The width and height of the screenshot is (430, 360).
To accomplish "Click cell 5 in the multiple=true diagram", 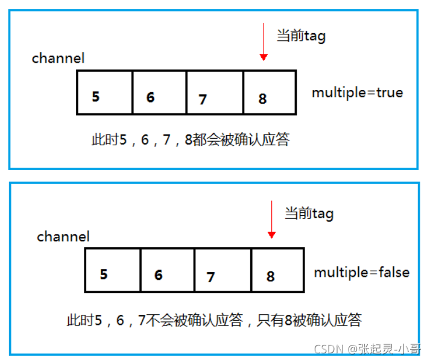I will (105, 92).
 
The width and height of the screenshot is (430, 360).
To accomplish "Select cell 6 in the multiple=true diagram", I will (159, 92).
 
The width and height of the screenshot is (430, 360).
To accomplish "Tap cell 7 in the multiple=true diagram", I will (215, 92).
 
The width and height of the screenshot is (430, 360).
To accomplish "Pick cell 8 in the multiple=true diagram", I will (270, 92).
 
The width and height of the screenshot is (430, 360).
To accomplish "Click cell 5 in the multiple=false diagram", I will (113, 270).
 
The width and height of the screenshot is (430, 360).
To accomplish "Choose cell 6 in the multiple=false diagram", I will (167, 270).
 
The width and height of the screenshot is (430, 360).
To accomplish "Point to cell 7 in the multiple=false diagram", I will (223, 270).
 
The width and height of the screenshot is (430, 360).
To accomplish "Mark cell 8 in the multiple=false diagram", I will (277, 270).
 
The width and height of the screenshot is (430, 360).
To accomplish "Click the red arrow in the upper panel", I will (263, 43).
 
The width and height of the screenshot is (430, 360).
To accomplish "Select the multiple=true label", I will (357, 92).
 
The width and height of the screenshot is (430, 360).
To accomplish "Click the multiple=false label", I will (361, 272).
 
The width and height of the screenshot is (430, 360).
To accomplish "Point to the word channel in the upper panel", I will (58, 58).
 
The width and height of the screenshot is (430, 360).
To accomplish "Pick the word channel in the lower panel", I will (63, 236).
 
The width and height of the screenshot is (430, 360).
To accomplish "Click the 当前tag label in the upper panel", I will (301, 36).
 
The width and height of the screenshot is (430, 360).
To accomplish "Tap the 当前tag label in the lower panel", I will (309, 213).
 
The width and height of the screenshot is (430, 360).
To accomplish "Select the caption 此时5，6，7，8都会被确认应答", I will (190, 140).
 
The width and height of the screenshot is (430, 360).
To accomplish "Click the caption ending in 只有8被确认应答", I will (214, 320).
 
